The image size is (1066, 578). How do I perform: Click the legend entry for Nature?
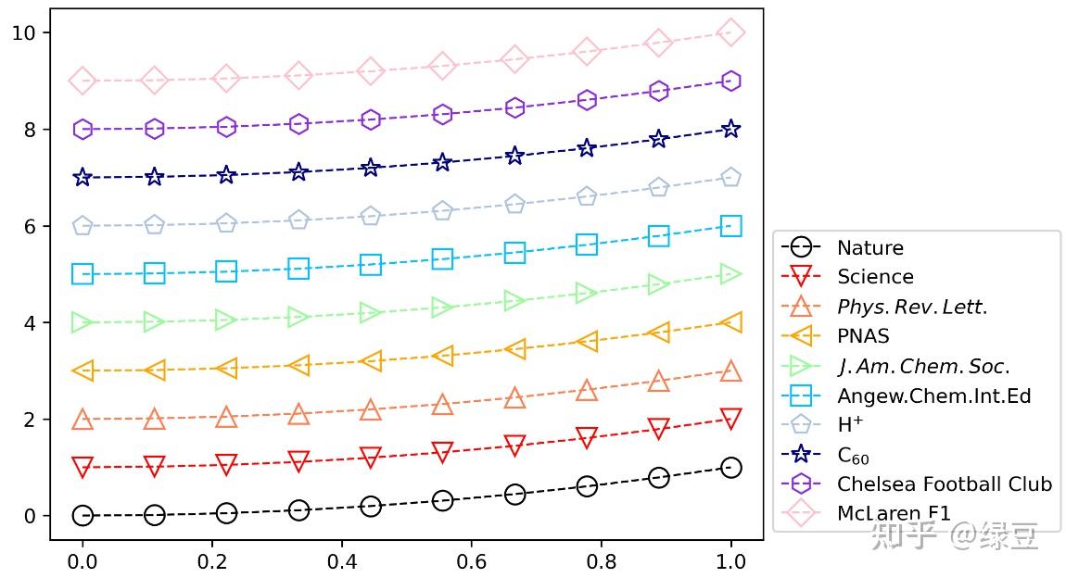(869, 247)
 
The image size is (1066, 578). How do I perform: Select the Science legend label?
(875, 277)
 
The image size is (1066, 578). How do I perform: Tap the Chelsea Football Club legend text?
(944, 484)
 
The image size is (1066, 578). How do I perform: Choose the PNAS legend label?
(863, 336)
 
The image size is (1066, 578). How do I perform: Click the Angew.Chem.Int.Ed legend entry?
(933, 396)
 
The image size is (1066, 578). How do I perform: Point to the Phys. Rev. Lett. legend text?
(912, 307)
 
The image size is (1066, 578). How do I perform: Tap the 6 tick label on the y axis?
(30, 226)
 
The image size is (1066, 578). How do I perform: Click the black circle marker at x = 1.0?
(730, 468)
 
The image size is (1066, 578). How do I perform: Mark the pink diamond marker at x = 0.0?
(82, 81)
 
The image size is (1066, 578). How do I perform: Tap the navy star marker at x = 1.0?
(730, 129)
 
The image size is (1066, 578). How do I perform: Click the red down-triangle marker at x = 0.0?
(82, 468)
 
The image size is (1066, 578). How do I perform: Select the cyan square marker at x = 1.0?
(730, 226)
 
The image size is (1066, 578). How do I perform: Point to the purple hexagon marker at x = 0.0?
(82, 129)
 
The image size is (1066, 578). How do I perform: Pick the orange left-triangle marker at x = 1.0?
(730, 322)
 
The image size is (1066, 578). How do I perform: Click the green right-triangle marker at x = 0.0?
(82, 322)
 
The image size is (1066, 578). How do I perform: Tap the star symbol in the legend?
(802, 455)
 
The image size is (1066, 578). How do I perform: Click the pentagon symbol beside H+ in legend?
(802, 425)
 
